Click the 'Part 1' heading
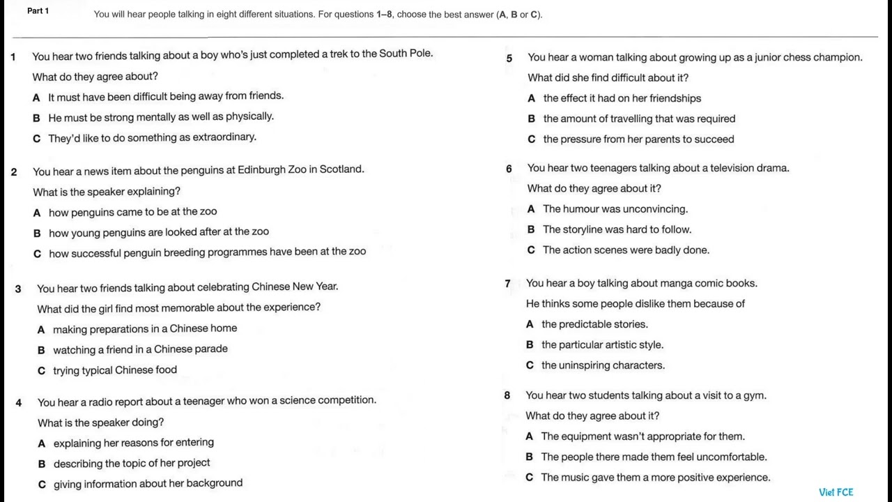pos(38,11)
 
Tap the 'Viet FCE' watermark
pos(836,492)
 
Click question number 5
pos(509,59)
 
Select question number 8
pos(507,395)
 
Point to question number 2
pos(14,172)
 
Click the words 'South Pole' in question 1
pos(405,54)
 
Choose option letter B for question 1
pos(36,118)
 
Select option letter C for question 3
pos(41,371)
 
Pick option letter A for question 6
pos(531,209)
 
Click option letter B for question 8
pos(529,457)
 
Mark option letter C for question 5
pos(532,139)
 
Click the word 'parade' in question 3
pos(211,349)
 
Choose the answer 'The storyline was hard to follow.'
pos(617,229)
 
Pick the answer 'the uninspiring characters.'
pos(603,365)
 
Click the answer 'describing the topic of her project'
pos(132,463)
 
